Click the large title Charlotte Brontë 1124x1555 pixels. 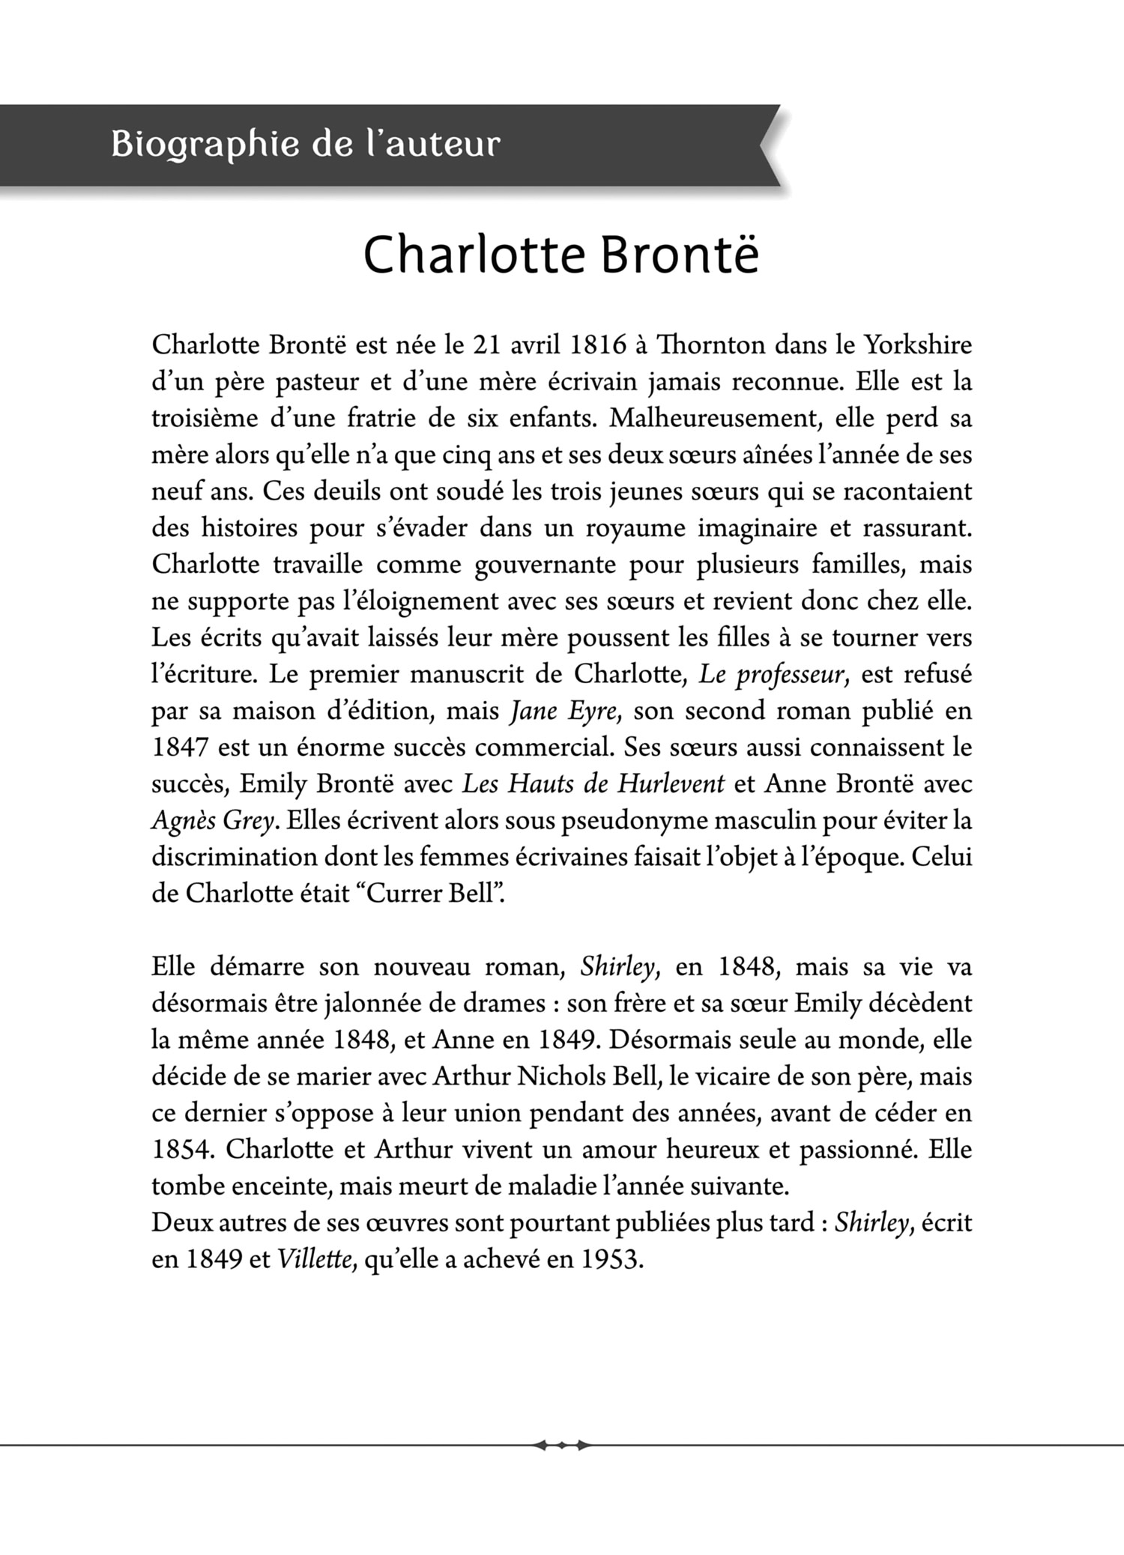[x=561, y=255]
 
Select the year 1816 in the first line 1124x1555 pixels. [x=598, y=345]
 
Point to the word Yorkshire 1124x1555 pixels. [x=918, y=345]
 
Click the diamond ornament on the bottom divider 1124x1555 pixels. [x=562, y=1446]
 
